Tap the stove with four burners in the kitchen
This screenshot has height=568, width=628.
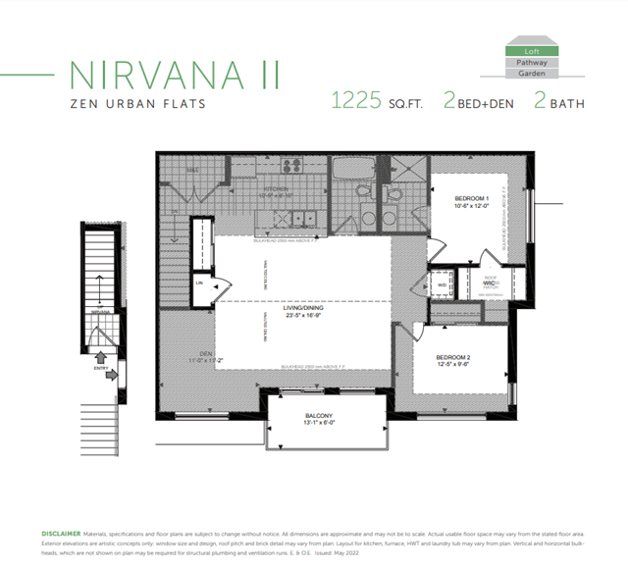(291, 166)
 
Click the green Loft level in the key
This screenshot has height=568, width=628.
(532, 50)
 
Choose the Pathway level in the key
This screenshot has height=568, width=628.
(532, 62)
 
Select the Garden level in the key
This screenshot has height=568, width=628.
(532, 74)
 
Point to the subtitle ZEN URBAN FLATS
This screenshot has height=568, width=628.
(137, 104)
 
